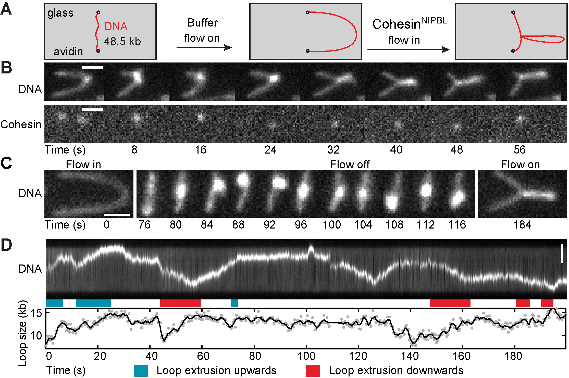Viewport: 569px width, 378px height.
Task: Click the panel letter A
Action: pyautogui.click(x=6, y=10)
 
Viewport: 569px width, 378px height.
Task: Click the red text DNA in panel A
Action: pyautogui.click(x=116, y=27)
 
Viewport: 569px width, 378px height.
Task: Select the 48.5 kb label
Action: pyautogui.click(x=122, y=42)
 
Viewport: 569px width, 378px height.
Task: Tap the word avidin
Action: pyautogui.click(x=68, y=52)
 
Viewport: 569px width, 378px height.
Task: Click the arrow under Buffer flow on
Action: pyautogui.click(x=204, y=47)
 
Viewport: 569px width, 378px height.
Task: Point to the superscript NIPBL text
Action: pyautogui.click(x=434, y=20)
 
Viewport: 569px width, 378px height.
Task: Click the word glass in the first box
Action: pyautogui.click(x=60, y=13)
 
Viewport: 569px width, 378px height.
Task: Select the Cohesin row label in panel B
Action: pyautogui.click(x=21, y=124)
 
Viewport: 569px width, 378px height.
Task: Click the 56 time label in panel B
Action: pyautogui.click(x=519, y=150)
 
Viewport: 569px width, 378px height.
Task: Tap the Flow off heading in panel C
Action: pyautogui.click(x=350, y=165)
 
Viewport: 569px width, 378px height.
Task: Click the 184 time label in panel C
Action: pyautogui.click(x=522, y=225)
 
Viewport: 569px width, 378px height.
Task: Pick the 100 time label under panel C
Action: pyautogui.click(x=332, y=225)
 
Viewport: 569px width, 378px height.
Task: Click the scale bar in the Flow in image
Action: pyautogui.click(x=117, y=215)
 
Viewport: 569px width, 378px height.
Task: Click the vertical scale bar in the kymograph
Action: pyautogui.click(x=562, y=254)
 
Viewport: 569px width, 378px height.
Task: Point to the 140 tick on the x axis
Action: pyautogui.click(x=410, y=356)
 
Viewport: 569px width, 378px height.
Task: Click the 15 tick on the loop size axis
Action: pyautogui.click(x=36, y=313)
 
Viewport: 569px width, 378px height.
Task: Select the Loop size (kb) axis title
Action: pyautogui.click(x=22, y=334)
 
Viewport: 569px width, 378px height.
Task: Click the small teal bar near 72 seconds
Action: pyautogui.click(x=234, y=303)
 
